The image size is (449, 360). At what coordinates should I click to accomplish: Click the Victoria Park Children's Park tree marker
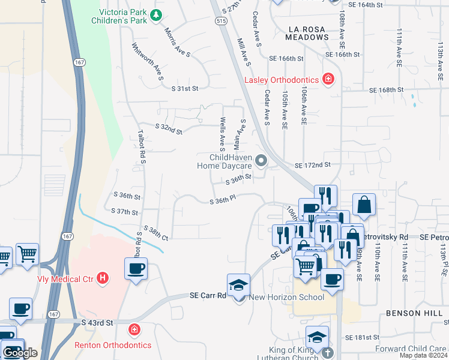pyautogui.click(x=156, y=15)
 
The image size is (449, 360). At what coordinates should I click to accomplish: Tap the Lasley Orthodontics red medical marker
pyautogui.click(x=328, y=78)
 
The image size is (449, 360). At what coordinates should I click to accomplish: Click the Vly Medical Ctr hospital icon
pyautogui.click(x=103, y=278)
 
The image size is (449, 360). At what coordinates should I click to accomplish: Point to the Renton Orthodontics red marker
pyautogui.click(x=134, y=329)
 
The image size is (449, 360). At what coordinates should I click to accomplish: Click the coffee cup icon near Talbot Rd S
pyautogui.click(x=136, y=268)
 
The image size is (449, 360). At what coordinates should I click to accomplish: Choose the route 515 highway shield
pyautogui.click(x=221, y=21)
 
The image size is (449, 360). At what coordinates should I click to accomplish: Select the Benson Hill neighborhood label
pyautogui.click(x=414, y=313)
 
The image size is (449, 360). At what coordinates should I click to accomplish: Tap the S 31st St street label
pyautogui.click(x=184, y=88)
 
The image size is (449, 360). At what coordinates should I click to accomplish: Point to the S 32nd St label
pyautogui.click(x=168, y=127)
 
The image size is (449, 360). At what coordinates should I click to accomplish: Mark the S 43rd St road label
pyautogui.click(x=97, y=323)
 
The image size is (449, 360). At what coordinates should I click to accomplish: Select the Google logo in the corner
pyautogui.click(x=20, y=353)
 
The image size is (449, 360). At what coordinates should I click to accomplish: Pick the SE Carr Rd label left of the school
pyautogui.click(x=207, y=295)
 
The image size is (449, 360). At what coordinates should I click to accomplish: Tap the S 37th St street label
pyautogui.click(x=125, y=211)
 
